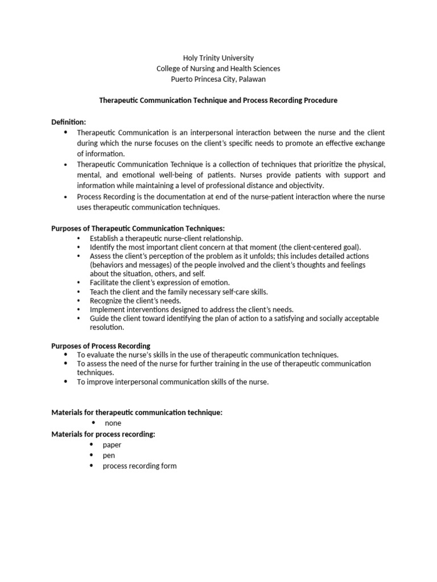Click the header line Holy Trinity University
[218, 58]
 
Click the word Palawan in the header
[252, 79]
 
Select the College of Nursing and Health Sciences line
[218, 69]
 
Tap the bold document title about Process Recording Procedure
[218, 100]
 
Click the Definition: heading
[69, 122]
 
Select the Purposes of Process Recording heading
[101, 346]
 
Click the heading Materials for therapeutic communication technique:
[137, 413]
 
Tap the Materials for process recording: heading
[103, 434]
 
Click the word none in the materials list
[113, 423]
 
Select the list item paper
[112, 445]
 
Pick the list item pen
[109, 455]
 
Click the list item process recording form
[139, 466]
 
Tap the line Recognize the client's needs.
[135, 301]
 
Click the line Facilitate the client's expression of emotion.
[160, 282]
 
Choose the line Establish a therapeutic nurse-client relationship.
[166, 238]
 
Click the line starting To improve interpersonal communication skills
[172, 382]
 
